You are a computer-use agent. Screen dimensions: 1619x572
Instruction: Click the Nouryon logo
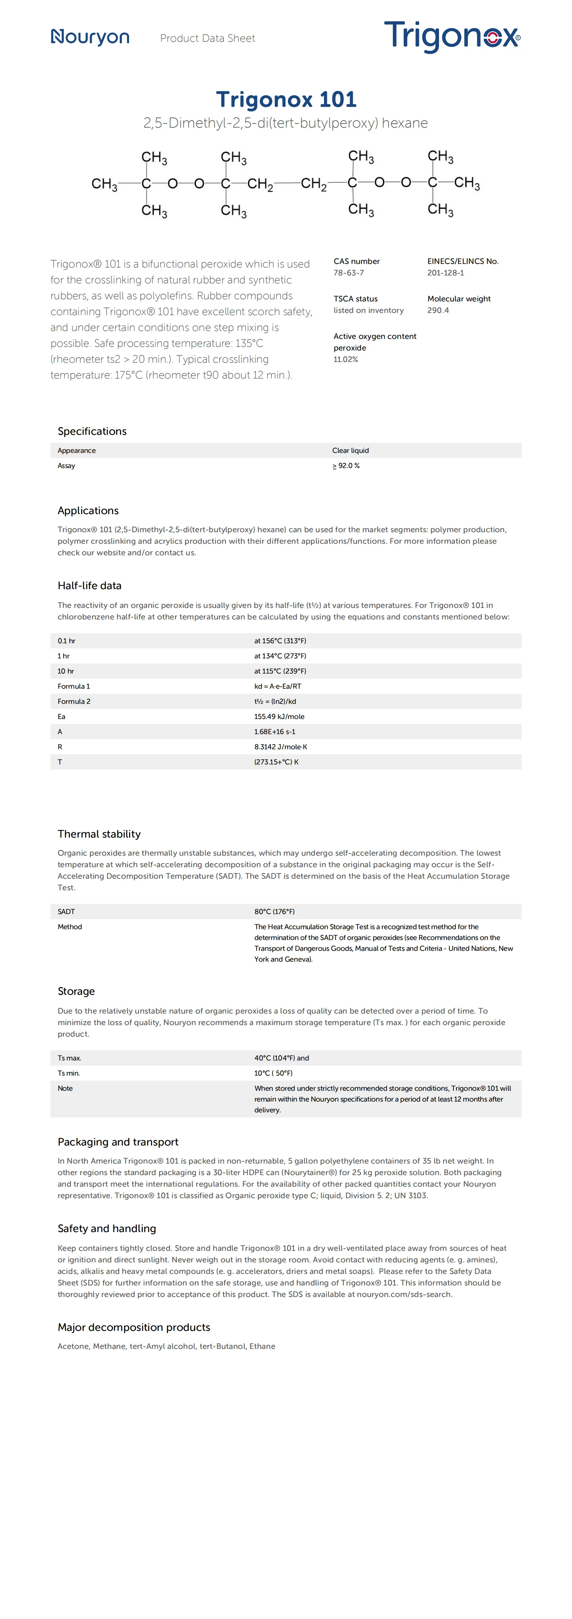(x=90, y=38)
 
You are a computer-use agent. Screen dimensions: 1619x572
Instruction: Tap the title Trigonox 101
(x=286, y=99)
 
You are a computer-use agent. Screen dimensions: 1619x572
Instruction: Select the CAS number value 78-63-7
(x=348, y=273)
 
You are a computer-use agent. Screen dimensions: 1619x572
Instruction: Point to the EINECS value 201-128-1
(x=445, y=273)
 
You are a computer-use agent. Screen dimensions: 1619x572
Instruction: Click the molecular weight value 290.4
(x=438, y=310)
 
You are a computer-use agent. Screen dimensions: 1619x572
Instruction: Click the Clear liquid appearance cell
(x=350, y=451)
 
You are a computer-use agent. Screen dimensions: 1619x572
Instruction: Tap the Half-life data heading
(x=89, y=586)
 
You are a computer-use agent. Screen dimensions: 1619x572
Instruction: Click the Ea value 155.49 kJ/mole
(x=279, y=716)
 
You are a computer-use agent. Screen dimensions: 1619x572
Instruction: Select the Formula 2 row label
(x=74, y=701)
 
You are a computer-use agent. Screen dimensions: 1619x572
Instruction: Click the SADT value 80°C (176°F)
(x=274, y=911)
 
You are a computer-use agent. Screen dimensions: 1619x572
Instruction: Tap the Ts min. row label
(x=68, y=1073)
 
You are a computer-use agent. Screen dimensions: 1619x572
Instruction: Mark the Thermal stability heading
(x=99, y=834)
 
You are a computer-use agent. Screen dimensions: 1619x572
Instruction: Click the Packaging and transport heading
(x=117, y=1142)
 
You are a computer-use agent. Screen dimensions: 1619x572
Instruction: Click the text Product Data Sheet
(x=208, y=38)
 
